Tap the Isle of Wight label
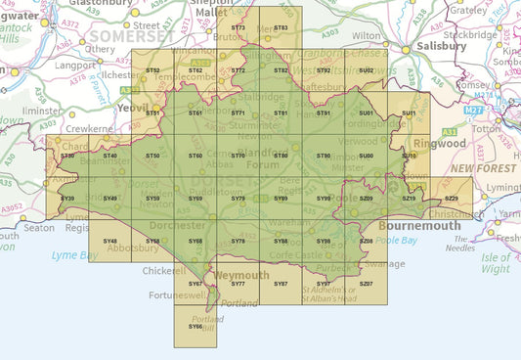point(496,262)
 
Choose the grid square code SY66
point(195,326)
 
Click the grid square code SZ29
point(451,199)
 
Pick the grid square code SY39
point(67,199)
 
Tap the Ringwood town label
point(439,143)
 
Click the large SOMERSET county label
point(130,36)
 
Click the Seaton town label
point(39,228)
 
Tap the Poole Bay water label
point(396,240)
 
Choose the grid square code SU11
point(409,113)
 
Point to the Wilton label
point(367,34)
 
